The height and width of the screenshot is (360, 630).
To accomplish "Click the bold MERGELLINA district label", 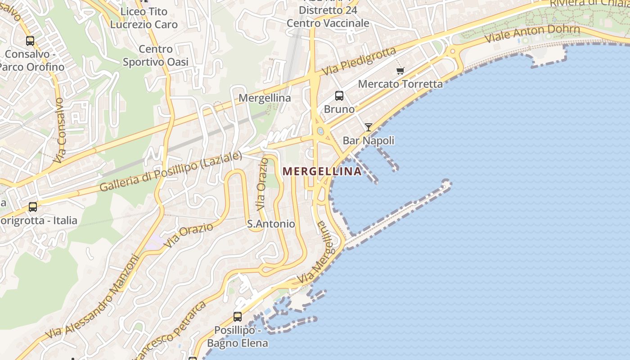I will tap(322, 171).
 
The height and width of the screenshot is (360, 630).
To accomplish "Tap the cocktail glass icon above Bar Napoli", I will tap(369, 127).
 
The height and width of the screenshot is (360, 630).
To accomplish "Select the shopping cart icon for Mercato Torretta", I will tap(400, 71).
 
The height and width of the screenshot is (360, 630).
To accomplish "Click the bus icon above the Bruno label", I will tap(339, 96).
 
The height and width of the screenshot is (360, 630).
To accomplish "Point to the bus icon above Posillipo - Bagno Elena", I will tap(238, 316).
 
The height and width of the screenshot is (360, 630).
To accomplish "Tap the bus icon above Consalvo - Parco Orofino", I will tap(30, 41).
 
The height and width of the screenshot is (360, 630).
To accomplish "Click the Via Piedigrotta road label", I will tap(359, 62).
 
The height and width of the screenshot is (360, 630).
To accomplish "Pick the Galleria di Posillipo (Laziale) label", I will tap(171, 171).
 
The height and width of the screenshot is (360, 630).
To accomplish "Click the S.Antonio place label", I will tap(271, 224).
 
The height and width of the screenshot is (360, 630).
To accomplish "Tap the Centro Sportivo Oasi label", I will tap(156, 56).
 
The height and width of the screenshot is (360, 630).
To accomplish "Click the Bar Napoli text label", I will tap(369, 140).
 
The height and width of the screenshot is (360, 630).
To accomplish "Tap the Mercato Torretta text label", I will tap(400, 84).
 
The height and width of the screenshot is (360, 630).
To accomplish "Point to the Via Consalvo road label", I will tap(60, 130).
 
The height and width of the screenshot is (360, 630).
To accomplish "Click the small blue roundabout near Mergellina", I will tap(320, 131).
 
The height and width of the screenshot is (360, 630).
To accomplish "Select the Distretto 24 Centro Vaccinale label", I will tap(328, 17).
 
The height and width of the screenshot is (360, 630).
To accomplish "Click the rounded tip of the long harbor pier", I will tap(446, 183).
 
